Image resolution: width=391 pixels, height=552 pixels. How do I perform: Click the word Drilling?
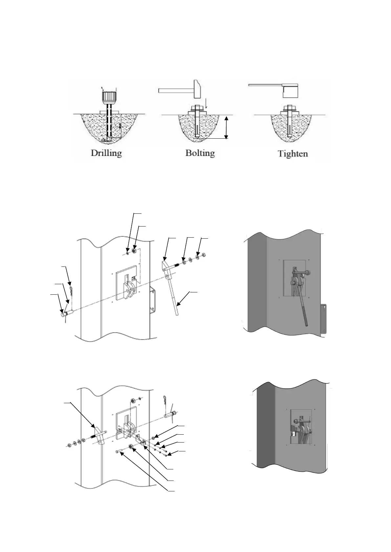106,153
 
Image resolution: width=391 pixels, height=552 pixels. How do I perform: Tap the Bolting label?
200,153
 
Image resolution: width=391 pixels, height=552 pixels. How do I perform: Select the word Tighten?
293,153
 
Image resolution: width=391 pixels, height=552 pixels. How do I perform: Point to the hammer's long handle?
174,89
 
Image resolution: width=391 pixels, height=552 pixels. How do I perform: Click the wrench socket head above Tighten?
291,91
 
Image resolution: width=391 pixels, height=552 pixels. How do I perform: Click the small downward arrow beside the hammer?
206,104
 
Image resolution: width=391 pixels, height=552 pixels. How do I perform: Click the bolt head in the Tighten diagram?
290,107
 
